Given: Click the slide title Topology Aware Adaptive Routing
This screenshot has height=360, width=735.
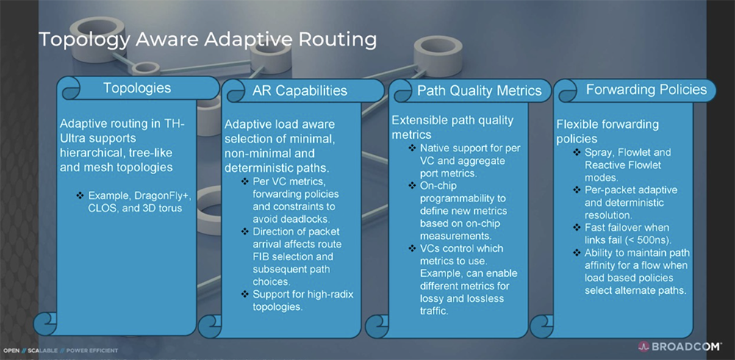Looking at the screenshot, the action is click(x=207, y=40).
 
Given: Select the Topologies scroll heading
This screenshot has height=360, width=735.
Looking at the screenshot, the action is click(x=137, y=87).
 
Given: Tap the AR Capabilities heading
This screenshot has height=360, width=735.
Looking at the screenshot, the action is click(x=300, y=90).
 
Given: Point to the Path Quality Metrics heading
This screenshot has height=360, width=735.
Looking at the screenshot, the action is click(x=479, y=90).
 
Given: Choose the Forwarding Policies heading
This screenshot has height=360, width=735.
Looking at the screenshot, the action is click(x=646, y=89).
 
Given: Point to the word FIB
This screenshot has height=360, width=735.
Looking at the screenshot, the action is click(x=262, y=257).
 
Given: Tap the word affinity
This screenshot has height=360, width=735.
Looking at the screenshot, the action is click(x=601, y=266).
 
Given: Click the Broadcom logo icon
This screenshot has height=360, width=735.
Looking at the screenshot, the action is click(x=643, y=346).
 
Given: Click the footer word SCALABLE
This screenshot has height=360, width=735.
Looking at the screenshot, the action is click(x=43, y=350).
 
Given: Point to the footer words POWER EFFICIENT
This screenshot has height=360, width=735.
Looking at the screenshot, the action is click(x=93, y=350).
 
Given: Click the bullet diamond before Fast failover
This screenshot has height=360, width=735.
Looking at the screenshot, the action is click(x=577, y=228).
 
